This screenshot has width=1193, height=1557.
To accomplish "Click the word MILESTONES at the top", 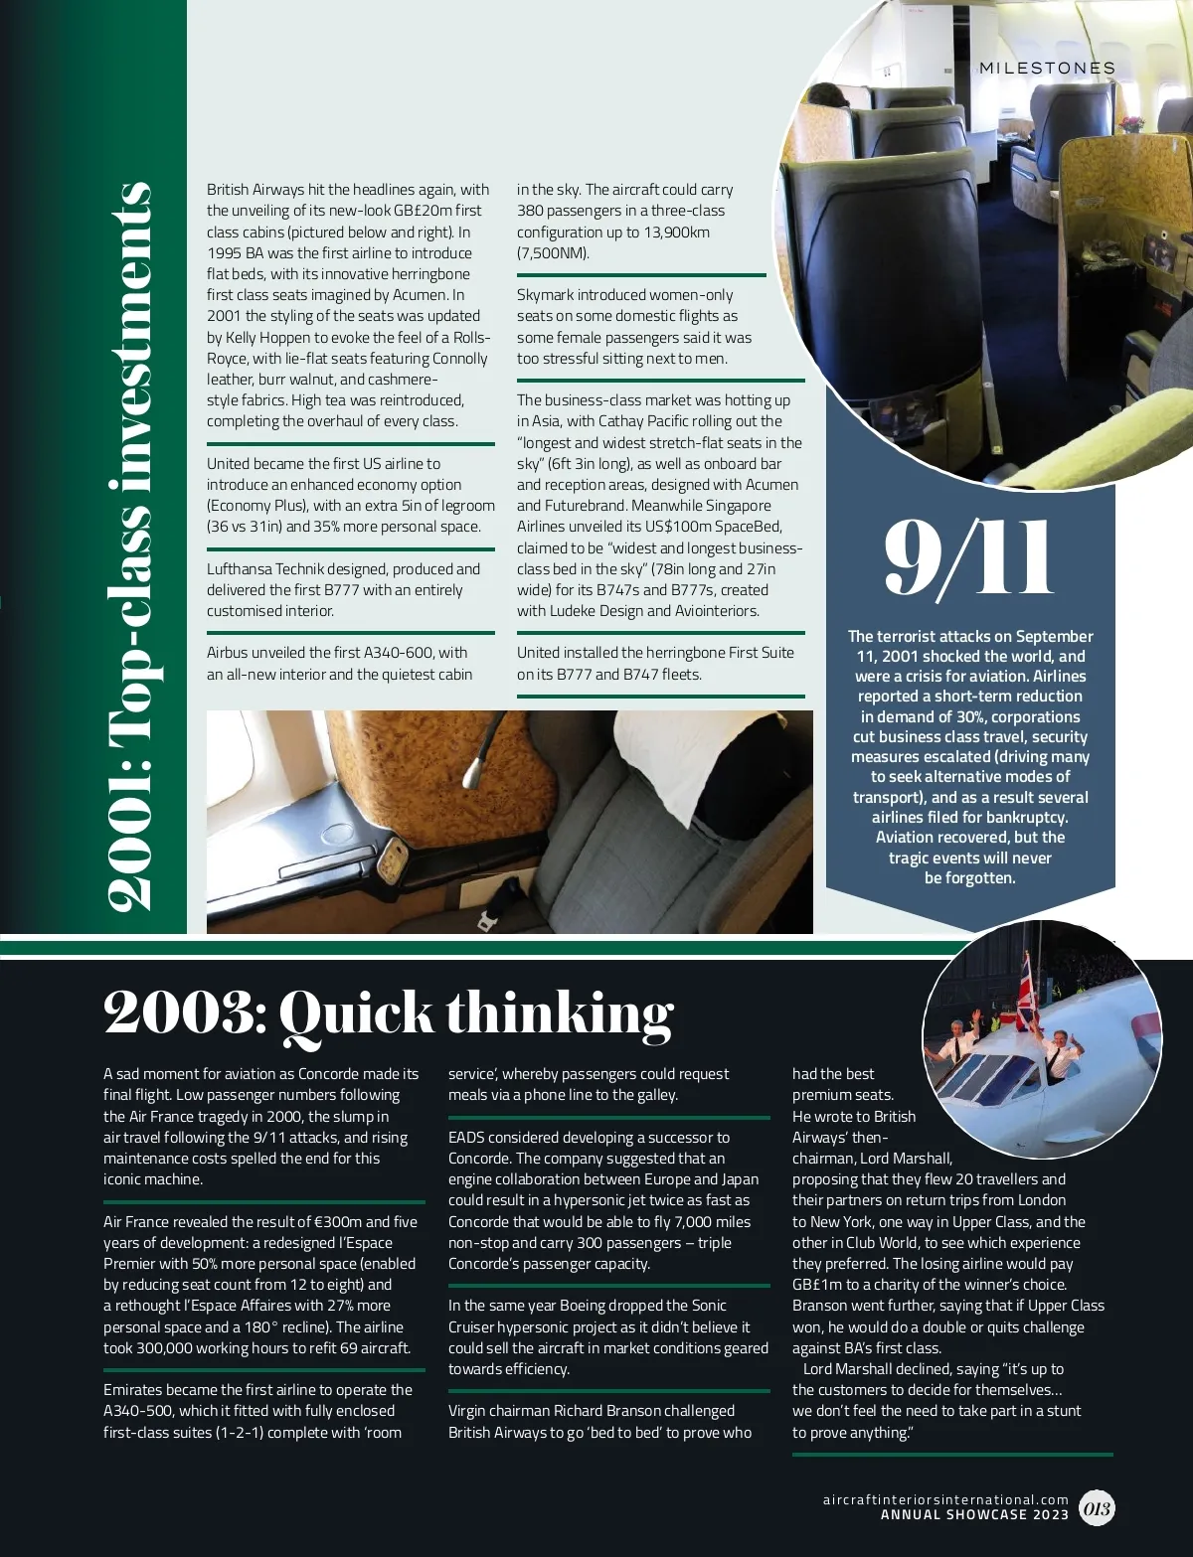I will [1047, 69].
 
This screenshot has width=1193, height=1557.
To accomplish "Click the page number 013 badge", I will [1097, 1508].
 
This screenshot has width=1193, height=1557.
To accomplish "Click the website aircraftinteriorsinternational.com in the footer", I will [944, 1499].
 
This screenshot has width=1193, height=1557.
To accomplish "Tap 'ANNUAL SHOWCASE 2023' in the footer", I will [974, 1515].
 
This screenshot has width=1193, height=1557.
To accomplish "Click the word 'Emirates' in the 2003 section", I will [136, 1390].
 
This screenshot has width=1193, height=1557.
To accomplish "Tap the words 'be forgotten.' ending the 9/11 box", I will [969, 878].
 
